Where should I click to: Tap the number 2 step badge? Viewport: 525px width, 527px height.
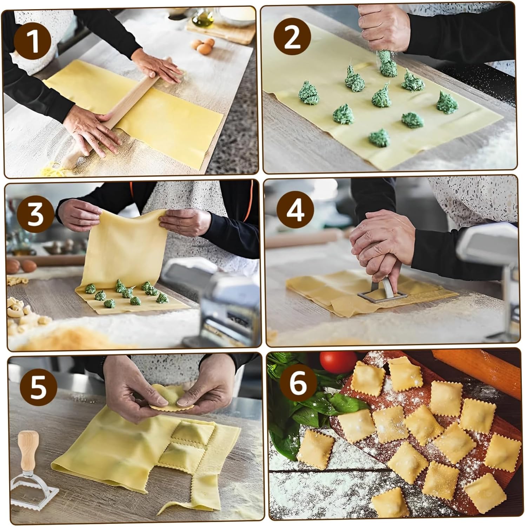(x=292, y=38)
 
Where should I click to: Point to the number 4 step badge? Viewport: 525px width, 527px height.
(x=295, y=210)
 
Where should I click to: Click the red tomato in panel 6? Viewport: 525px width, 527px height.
(x=338, y=362)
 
